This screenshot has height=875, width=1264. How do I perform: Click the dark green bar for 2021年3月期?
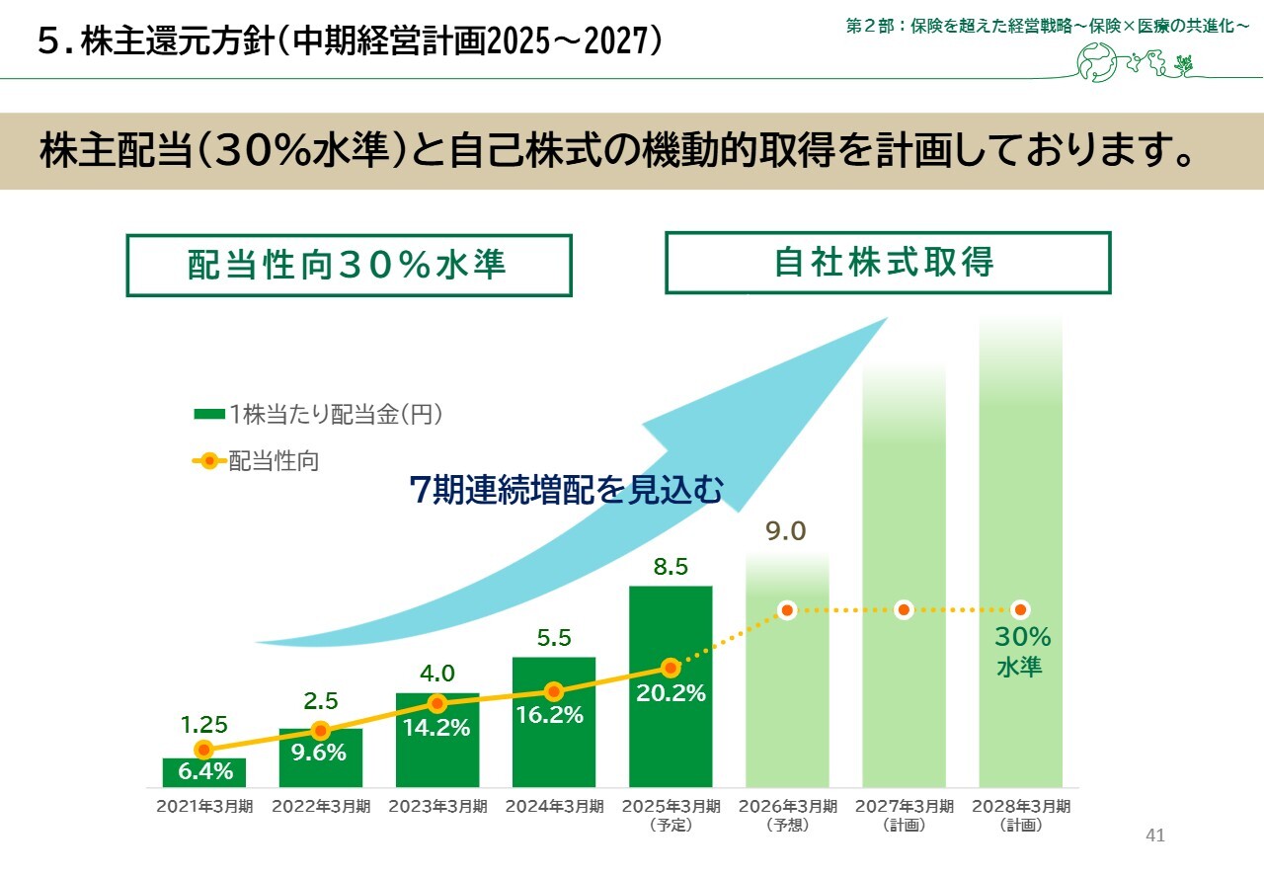[203, 772]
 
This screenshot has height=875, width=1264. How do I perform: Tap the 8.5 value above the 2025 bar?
[671, 567]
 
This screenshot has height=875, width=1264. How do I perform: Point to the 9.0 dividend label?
[786, 532]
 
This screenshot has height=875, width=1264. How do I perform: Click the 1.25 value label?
[203, 726]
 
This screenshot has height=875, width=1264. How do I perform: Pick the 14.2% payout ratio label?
[436, 728]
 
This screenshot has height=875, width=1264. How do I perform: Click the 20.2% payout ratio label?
[671, 693]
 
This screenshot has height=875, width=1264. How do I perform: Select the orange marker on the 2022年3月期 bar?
[320, 731]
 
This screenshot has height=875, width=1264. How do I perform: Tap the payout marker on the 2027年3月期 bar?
[903, 610]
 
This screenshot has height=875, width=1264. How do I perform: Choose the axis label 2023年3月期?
[437, 807]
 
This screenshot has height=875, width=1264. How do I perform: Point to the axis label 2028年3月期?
[1020, 814]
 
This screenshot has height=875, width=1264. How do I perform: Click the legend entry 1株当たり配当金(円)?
[318, 415]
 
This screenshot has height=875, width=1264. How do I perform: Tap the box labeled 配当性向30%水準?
[349, 265]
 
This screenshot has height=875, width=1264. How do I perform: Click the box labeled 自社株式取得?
[887, 263]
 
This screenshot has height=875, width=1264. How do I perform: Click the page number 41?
[1155, 835]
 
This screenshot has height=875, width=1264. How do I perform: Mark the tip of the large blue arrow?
[887, 318]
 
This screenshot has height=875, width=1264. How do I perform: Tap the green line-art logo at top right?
[1136, 64]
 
